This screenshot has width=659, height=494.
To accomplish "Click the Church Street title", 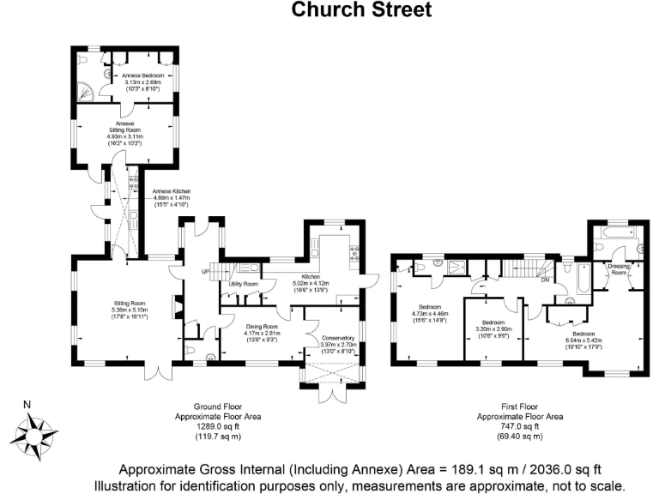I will [361, 11].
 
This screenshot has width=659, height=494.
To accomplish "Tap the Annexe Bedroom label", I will [142, 76].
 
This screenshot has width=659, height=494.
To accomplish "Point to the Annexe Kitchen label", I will [172, 191].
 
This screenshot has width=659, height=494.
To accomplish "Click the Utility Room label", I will [244, 283].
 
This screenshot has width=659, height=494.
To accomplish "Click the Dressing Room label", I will [618, 268].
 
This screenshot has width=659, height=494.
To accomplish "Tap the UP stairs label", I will [205, 272].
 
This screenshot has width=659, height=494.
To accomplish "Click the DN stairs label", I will [545, 280].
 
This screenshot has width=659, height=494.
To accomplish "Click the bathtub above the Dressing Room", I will [614, 232].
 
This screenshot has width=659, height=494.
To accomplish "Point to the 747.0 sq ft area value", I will [520, 425].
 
